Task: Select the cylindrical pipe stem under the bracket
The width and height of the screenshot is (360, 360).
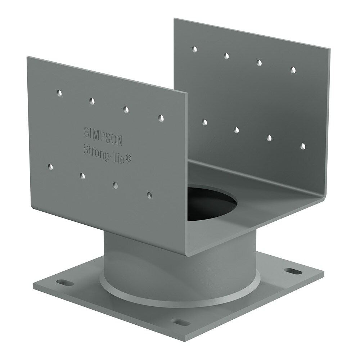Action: (179, 264)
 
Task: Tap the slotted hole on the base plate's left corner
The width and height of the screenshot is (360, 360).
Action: (65, 282)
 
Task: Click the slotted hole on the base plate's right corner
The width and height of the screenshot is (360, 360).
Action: (293, 271)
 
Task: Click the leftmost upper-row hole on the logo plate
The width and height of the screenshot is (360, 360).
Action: (59, 93)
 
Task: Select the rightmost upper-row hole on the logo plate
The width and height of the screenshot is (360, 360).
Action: (161, 118)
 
